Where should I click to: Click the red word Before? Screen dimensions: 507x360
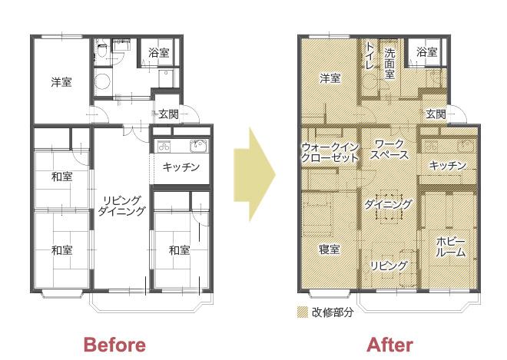click(x=114, y=345)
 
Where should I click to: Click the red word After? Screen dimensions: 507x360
click(x=389, y=345)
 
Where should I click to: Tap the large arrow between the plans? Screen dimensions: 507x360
click(x=254, y=174)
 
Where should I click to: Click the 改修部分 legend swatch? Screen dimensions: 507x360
click(x=303, y=312)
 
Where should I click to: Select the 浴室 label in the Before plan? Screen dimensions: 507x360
click(x=159, y=52)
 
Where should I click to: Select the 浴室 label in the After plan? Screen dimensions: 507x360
click(x=427, y=51)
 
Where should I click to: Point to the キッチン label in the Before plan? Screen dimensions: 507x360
click(x=181, y=167)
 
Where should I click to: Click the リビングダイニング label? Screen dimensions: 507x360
click(x=121, y=206)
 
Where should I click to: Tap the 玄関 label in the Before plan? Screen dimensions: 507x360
click(x=168, y=114)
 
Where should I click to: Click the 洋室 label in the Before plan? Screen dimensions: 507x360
click(x=61, y=82)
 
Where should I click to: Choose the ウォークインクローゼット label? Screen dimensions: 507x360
click(x=330, y=152)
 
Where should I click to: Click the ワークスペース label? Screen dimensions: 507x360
click(x=389, y=149)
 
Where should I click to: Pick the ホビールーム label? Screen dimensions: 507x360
click(x=451, y=247)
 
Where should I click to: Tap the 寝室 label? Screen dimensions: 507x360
click(x=329, y=249)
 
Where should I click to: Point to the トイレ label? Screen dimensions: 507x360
click(x=369, y=55)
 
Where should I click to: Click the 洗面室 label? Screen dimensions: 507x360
click(x=389, y=64)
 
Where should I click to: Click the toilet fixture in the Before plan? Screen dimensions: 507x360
click(x=102, y=50)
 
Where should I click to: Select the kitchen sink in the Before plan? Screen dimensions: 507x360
click(x=198, y=146)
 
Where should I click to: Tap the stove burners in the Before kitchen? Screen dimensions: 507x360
click(x=164, y=147)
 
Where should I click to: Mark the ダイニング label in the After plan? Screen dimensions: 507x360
click(x=389, y=204)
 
